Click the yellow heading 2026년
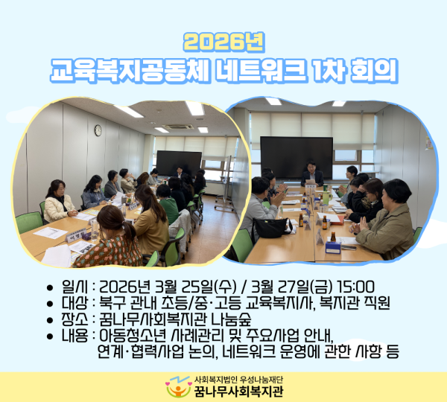pyautogui.click(x=224, y=42)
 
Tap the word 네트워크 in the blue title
pyautogui.click(x=261, y=71)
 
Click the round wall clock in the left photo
pyautogui.click(x=98, y=130)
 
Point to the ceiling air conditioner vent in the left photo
pyautogui.click(x=178, y=127)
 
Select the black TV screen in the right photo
pyautogui.click(x=297, y=158)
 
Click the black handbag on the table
pyautogui.click(x=271, y=227)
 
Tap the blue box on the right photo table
pyautogui.click(x=333, y=247)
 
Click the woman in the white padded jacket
pyautogui.click(x=60, y=202)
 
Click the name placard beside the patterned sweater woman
pyautogui.click(x=77, y=235)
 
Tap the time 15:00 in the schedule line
pyautogui.click(x=355, y=287)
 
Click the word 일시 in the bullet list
pyautogui.click(x=74, y=287)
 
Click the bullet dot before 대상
pyautogui.click(x=50, y=304)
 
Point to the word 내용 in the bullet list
pyautogui.click(x=74, y=336)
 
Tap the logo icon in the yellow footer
pyautogui.click(x=179, y=387)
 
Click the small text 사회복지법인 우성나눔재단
pyautogui.click(x=238, y=380)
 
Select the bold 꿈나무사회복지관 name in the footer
pyautogui.click(x=238, y=391)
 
